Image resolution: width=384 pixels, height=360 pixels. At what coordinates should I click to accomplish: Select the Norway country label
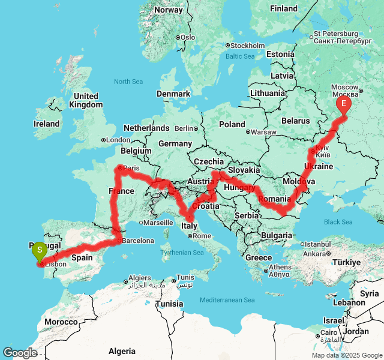click(169, 10)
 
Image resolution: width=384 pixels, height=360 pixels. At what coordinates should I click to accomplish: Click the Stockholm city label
click(247, 46)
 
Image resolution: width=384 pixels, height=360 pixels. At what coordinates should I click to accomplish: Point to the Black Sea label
click(338, 222)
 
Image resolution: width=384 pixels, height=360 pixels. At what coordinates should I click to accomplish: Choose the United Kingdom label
click(86, 100)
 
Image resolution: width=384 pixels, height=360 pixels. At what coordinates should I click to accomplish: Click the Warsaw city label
click(263, 132)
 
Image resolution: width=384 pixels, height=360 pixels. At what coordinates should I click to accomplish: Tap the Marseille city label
click(158, 222)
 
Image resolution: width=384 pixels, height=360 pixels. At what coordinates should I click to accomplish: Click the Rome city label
click(202, 236)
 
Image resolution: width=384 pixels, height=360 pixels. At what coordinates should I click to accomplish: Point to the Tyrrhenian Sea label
click(182, 253)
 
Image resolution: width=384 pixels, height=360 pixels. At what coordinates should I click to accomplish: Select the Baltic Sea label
click(241, 56)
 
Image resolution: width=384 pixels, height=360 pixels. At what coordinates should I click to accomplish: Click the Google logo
click(20, 353)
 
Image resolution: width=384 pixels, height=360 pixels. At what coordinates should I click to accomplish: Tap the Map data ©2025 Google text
click(347, 355)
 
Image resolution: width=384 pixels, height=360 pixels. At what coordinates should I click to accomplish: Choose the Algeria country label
click(122, 351)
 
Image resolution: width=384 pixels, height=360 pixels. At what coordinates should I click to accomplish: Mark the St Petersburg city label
click(336, 37)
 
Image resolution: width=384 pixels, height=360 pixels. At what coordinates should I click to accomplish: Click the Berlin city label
click(184, 128)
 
